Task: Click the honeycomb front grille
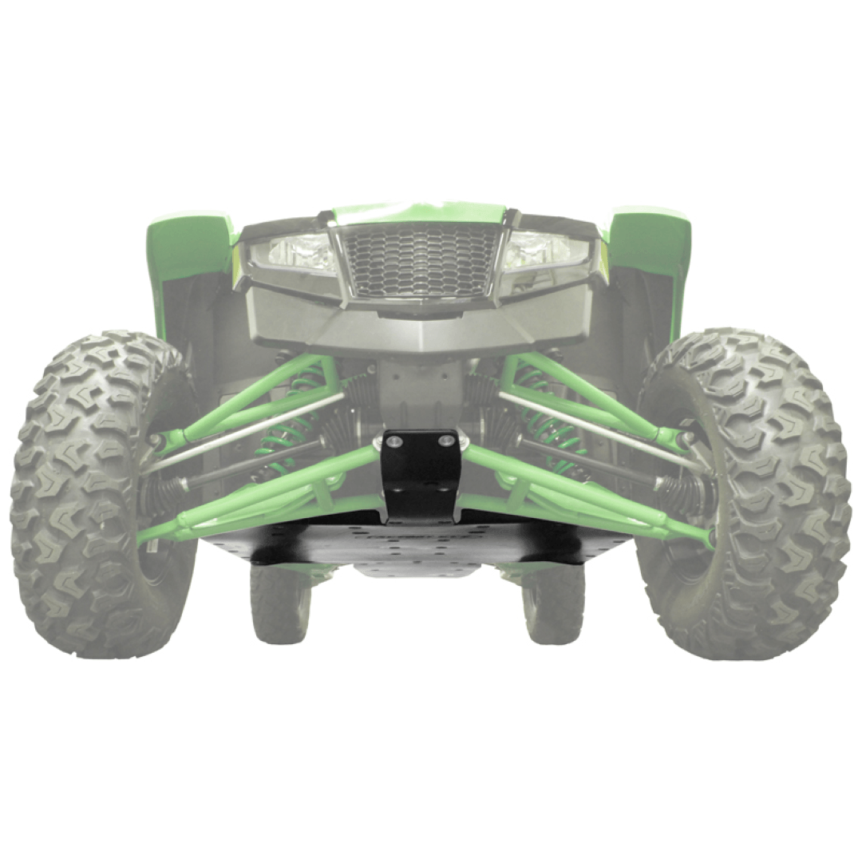(x=420, y=260)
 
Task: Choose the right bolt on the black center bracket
(x=446, y=440)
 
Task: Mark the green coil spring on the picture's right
(x=551, y=423)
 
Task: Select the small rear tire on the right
(x=554, y=603)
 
